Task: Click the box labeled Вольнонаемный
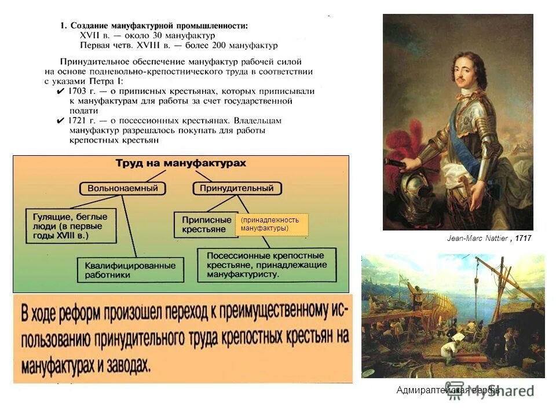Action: coord(123,188)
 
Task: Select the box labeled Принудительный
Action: coord(236,188)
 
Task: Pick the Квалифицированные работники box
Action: coord(130,270)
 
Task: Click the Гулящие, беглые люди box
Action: coord(70,225)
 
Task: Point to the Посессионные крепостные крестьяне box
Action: coord(268,265)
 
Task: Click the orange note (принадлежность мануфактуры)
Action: coord(272,224)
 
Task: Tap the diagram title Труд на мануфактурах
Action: coord(181,163)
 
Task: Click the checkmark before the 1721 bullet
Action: coord(61,121)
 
